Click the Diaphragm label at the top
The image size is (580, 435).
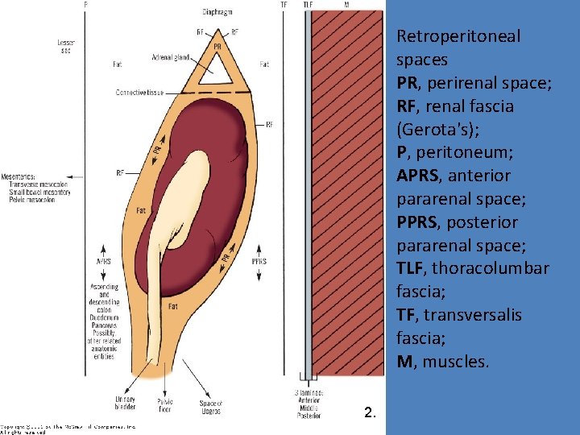217,12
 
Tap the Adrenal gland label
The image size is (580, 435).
170,57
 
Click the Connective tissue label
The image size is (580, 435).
139,93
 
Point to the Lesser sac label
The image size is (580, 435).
66,46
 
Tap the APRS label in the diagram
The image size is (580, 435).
104,261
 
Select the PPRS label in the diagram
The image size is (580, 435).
259,261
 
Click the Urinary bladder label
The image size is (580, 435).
125,403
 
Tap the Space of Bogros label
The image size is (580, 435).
211,406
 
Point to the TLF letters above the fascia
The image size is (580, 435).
309,5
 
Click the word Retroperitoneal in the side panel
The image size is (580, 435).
458,36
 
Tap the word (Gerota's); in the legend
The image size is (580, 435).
435,129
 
